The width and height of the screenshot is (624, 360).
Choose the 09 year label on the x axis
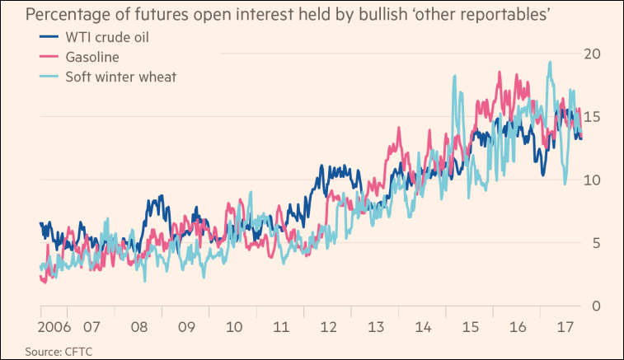[185, 326]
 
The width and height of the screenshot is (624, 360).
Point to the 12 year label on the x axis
[329, 326]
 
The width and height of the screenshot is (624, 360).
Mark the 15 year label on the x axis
[472, 326]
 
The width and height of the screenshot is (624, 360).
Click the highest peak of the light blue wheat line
[549, 62]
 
